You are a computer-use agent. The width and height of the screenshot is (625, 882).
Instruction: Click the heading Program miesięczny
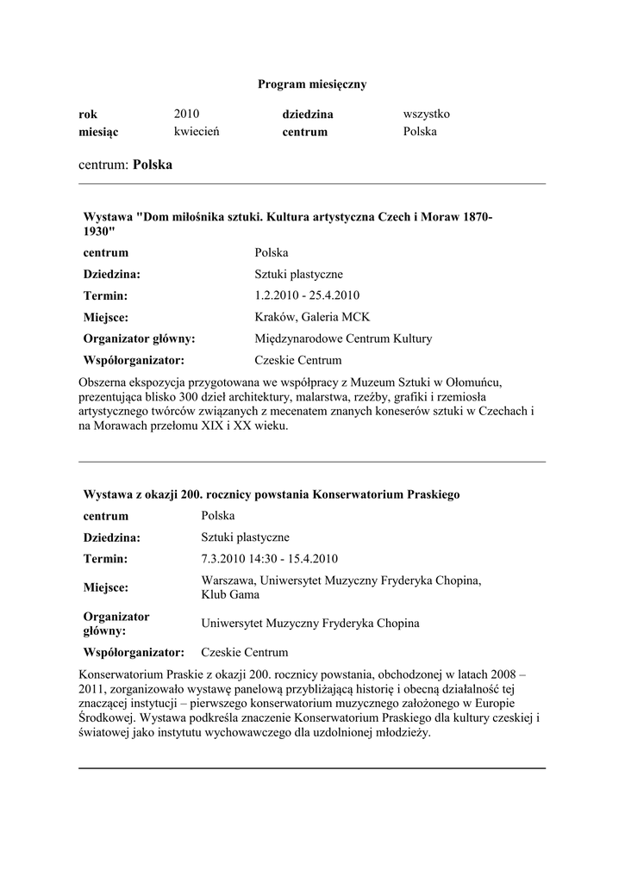coord(312,84)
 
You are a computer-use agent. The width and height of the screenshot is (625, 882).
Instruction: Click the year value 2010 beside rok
coord(186,114)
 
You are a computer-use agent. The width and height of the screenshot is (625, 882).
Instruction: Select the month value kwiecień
coord(197,132)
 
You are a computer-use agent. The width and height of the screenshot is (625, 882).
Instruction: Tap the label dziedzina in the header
coord(308,115)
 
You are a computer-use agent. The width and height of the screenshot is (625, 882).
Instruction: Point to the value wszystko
coord(427,114)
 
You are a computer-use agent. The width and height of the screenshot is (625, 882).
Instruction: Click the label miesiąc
coord(98,133)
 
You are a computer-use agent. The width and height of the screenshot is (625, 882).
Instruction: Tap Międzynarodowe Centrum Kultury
coord(343,339)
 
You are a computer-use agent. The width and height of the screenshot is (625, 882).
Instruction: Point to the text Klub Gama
coord(228,594)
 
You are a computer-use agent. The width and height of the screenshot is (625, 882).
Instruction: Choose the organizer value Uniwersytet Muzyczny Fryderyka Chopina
coord(310,623)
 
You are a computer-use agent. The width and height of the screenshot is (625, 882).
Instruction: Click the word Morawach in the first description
coord(122,427)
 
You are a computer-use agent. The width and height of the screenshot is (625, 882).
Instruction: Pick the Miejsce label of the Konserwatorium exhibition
coord(106,587)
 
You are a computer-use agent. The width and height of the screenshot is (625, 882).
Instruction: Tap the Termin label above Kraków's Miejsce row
coord(106,295)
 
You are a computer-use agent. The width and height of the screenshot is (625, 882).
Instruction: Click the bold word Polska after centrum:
coord(153,165)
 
